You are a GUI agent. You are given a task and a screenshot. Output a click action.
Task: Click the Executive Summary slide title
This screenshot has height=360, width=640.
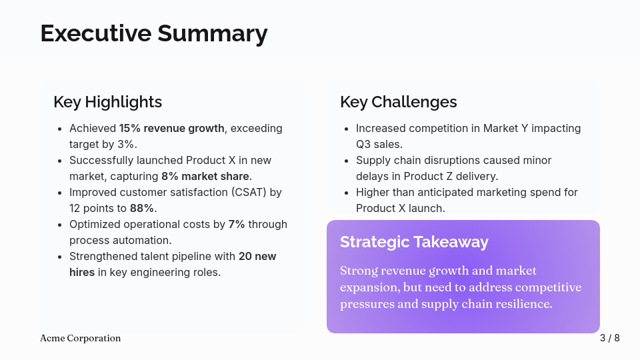point(153,33)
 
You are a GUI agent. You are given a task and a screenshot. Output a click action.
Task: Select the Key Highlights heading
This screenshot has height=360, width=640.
point(107,101)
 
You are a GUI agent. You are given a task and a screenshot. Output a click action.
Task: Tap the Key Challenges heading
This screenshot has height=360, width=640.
point(398,101)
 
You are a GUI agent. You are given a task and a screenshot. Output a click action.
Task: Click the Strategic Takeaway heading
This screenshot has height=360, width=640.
point(413,241)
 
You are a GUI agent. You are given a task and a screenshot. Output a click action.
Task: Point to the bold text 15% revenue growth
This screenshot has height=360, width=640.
point(171,128)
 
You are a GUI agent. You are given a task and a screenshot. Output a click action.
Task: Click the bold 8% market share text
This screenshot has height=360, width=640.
point(205,176)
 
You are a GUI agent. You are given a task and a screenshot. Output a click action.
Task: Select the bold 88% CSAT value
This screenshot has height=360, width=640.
point(141,208)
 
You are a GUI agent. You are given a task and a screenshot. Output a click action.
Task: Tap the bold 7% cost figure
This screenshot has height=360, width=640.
point(237,224)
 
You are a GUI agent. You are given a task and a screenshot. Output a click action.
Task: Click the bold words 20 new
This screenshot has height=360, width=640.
point(257,256)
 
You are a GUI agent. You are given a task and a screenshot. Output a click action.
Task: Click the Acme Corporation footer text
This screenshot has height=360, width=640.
point(80,338)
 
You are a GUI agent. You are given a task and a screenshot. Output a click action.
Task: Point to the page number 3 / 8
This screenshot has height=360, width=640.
point(609,338)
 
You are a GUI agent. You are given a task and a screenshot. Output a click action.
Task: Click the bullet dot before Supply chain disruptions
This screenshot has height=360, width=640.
point(346,161)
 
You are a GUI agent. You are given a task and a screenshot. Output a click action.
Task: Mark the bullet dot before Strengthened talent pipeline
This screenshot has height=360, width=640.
point(59,257)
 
